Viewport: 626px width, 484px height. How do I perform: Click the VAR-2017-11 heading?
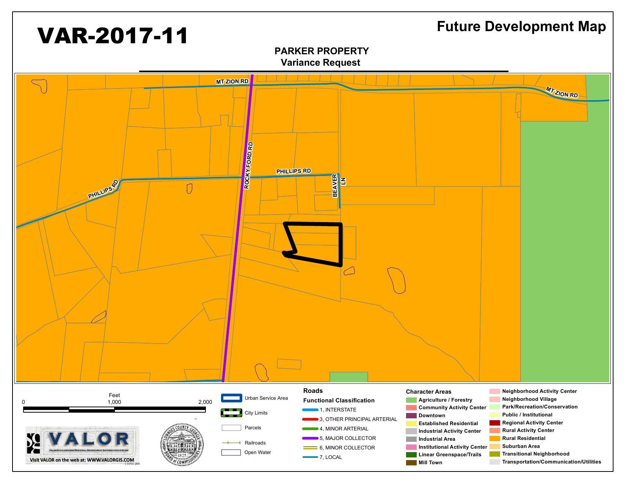coord(113,36)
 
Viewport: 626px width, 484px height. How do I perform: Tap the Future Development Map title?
coord(521,26)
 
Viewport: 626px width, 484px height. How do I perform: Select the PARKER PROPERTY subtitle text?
coord(321,51)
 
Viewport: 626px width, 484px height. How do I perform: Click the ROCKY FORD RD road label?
coord(248,166)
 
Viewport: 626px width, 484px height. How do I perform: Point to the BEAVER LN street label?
coord(339,186)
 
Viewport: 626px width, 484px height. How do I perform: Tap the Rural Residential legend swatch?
coord(494,438)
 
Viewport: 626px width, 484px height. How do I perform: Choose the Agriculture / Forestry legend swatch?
coord(411,400)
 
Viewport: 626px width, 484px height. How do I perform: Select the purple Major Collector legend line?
coord(310,438)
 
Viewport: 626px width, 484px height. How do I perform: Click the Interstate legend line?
coord(310,410)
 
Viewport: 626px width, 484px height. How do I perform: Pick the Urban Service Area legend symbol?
coord(231,398)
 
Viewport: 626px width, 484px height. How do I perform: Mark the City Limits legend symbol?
coord(231,413)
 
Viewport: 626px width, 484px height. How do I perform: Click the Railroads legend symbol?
coord(231,443)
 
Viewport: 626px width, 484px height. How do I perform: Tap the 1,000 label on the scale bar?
coord(114,402)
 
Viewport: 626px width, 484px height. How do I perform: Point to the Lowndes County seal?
coord(182,445)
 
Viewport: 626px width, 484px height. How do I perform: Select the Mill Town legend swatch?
coord(411,462)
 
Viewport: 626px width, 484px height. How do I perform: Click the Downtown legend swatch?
coord(411,415)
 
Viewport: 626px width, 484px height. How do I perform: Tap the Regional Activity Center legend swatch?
coord(494,423)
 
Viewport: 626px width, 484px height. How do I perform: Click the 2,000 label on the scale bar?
coord(205,402)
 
